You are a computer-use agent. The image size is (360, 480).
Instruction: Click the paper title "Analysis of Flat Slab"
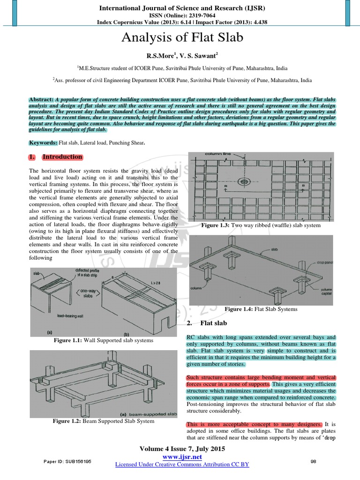[182, 38]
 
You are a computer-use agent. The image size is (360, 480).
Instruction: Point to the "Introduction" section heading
[62, 157]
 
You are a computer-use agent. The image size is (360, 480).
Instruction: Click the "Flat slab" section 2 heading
[213, 323]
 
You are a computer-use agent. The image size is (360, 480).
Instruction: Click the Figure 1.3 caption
[261, 225]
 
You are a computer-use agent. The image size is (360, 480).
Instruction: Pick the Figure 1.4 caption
[261, 309]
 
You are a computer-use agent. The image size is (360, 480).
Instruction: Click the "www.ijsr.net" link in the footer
[182, 457]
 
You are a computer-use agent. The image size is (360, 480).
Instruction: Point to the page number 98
[314, 462]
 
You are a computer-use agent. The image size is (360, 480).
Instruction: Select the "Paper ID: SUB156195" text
[68, 462]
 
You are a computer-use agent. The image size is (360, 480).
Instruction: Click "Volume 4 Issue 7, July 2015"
[182, 449]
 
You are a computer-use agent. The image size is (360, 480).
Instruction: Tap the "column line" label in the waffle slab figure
[216, 154]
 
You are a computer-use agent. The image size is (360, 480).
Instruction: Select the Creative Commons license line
[182, 464]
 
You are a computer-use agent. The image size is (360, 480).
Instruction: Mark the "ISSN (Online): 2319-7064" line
[182, 15]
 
